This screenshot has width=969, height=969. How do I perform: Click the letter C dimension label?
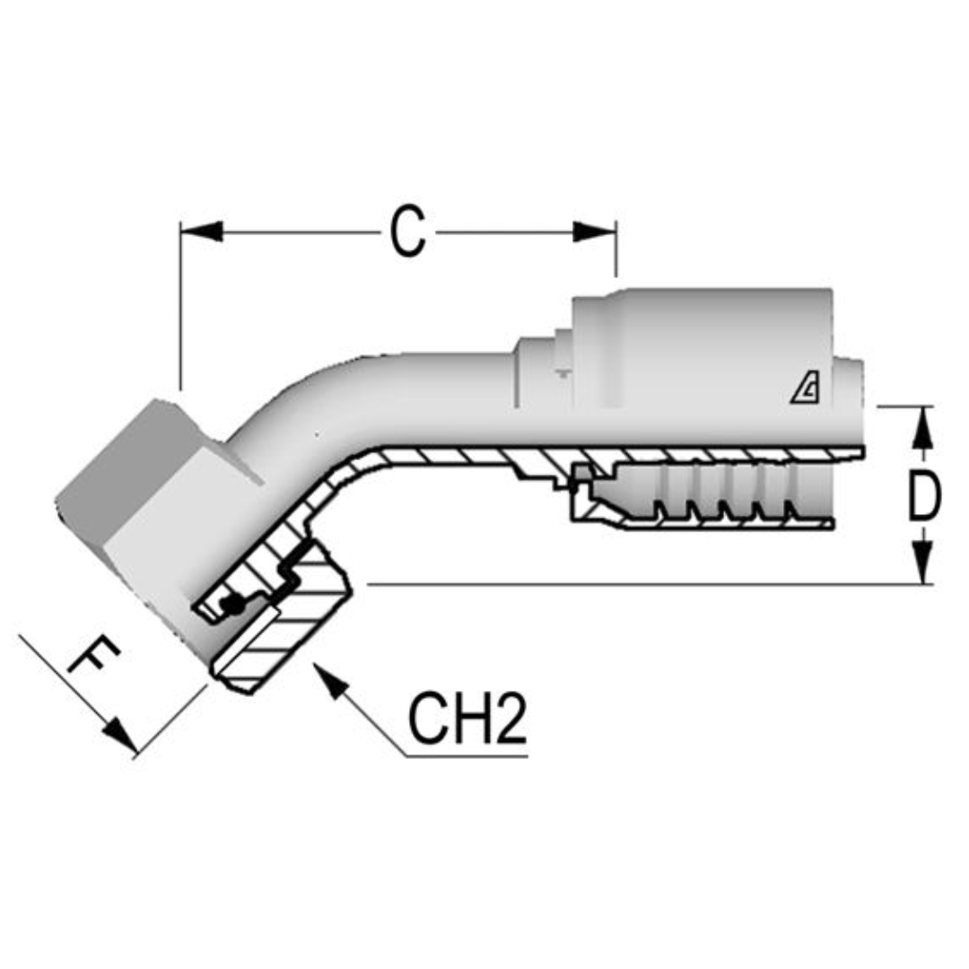(x=407, y=233)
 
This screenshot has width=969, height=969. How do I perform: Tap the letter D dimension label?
(x=923, y=495)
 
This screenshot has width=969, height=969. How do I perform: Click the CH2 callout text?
(x=467, y=719)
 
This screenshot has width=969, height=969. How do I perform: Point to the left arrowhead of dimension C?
(x=201, y=231)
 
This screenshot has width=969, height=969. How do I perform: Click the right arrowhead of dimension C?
(x=596, y=231)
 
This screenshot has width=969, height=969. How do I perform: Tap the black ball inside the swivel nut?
(x=234, y=607)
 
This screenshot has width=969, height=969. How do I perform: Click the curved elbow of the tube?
(x=296, y=404)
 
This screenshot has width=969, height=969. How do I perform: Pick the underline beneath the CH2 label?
(x=467, y=756)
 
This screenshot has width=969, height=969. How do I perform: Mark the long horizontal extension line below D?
(x=628, y=584)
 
